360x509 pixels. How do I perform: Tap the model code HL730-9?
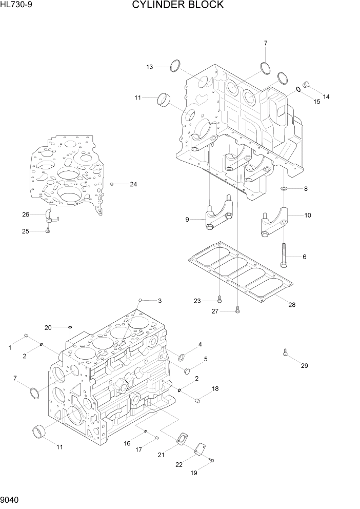pyautogui.click(x=16, y=5)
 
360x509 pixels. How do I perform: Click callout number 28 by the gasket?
pyautogui.click(x=291, y=305)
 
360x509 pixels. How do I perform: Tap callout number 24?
pyautogui.click(x=133, y=184)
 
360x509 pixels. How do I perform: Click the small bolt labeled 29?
pyautogui.click(x=285, y=353)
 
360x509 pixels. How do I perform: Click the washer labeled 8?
pyautogui.click(x=284, y=189)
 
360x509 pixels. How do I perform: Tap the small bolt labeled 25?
pyautogui.click(x=47, y=231)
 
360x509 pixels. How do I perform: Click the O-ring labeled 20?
pyautogui.click(x=70, y=327)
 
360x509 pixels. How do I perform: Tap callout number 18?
pyautogui.click(x=215, y=388)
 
